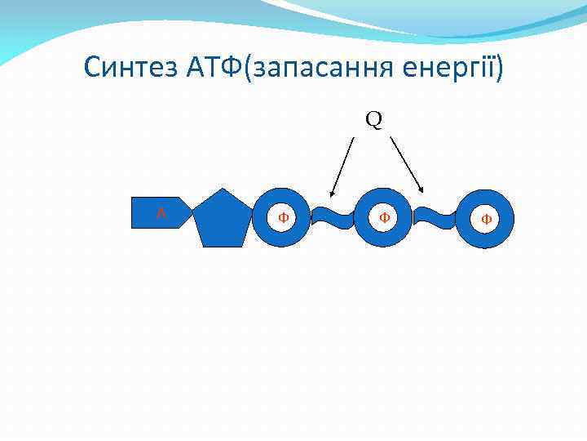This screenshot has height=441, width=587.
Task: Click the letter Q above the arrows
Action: click(373, 120)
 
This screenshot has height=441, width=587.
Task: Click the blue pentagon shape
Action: click(221, 219)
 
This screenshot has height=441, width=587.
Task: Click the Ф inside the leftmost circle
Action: click(282, 218)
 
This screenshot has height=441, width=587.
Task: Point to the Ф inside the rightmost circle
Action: click(486, 219)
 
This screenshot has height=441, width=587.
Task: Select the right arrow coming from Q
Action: click(406, 164)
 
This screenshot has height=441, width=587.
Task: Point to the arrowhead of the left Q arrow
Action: click(332, 194)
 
